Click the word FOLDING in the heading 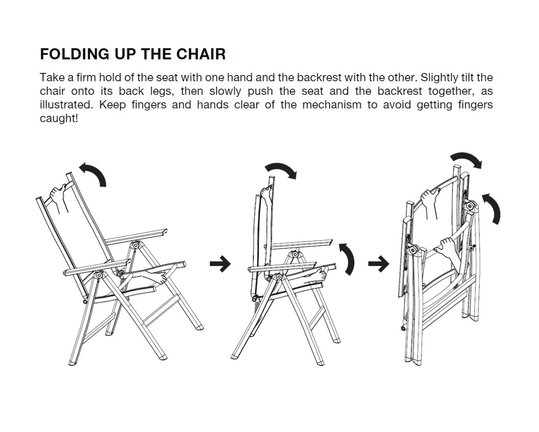point(75,54)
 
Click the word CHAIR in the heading point(201,54)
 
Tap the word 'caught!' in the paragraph point(59,118)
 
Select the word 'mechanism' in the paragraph point(332,105)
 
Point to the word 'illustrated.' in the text point(66,105)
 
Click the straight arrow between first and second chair point(220,263)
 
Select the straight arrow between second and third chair point(379,263)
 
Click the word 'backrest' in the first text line point(319,78)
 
